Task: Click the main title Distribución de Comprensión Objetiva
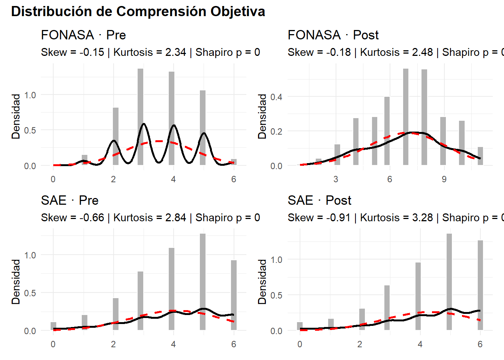click(138, 12)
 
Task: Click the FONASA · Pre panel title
click(83, 35)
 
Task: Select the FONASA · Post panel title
click(333, 35)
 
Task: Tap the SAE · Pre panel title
click(70, 200)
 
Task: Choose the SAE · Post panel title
click(319, 200)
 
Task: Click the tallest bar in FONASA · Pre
click(140, 117)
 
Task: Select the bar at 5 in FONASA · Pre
click(202, 127)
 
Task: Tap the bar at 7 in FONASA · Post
click(406, 117)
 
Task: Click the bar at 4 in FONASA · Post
click(356, 141)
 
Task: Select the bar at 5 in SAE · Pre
click(202, 282)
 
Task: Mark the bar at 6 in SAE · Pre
click(234, 295)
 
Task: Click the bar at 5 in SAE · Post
click(449, 282)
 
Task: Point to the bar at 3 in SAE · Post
click(387, 307)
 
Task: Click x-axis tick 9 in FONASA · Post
click(444, 179)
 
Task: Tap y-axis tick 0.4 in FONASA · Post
click(276, 97)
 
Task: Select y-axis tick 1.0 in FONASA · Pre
click(30, 95)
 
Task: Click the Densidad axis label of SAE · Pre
click(16, 282)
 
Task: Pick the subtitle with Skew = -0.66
click(150, 217)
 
